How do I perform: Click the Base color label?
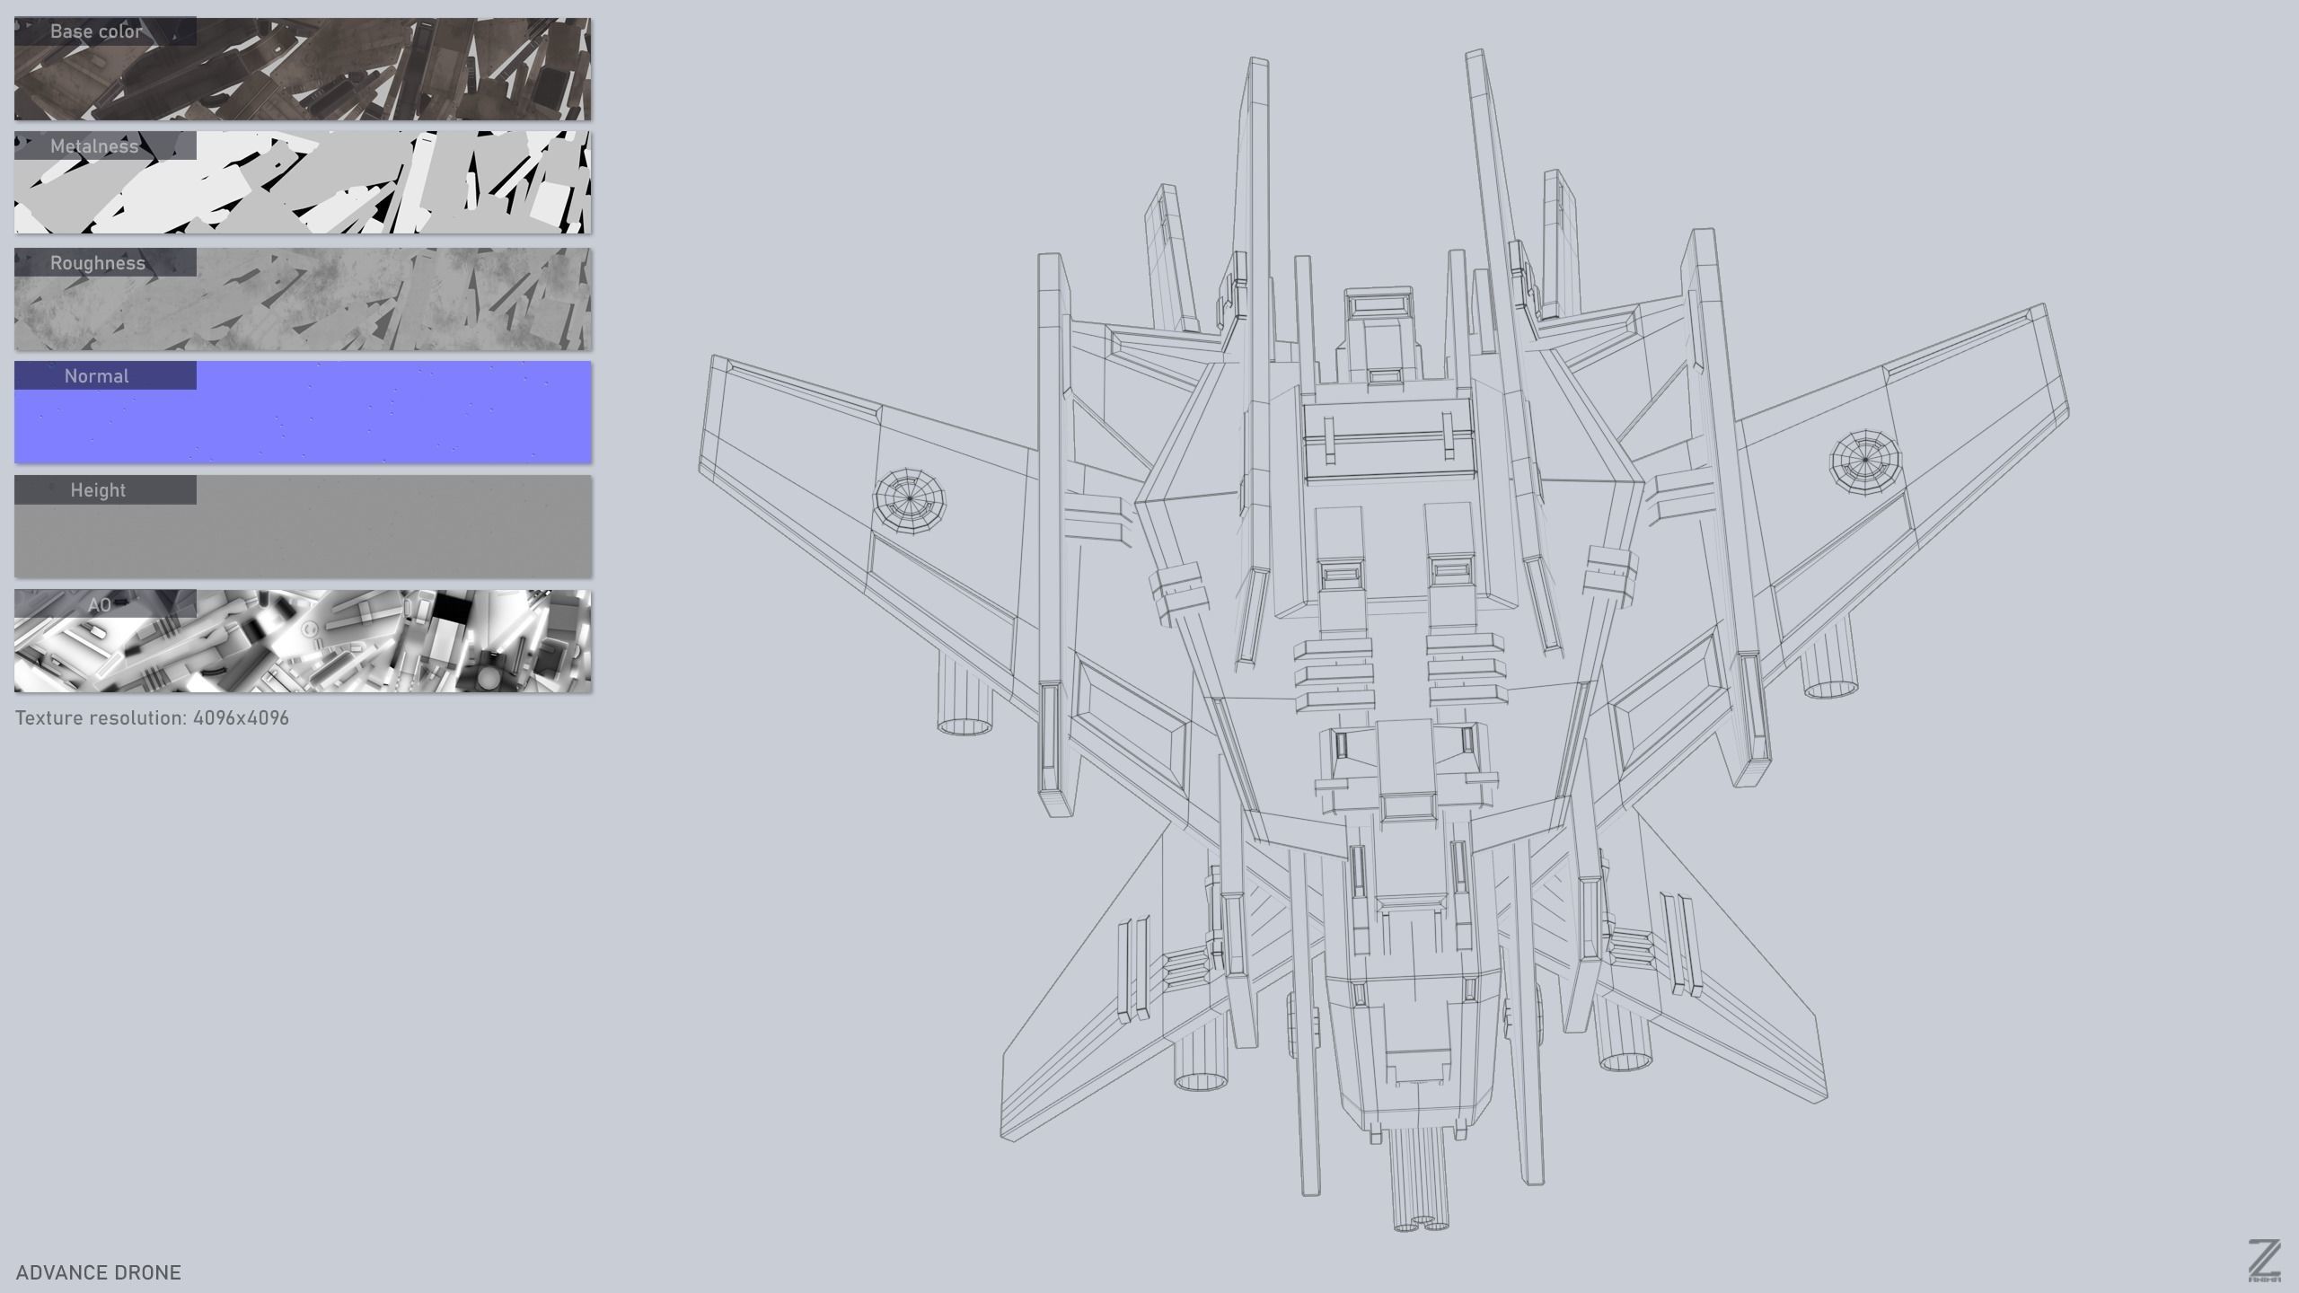tap(96, 31)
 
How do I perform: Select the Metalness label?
tap(94, 146)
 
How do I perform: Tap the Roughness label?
tap(97, 263)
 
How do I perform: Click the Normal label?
tap(96, 376)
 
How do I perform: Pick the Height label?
tap(98, 490)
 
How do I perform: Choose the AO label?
tap(99, 604)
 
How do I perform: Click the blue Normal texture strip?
tap(359, 422)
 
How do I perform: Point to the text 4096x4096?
tap(241, 718)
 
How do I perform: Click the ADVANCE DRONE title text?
tap(99, 1272)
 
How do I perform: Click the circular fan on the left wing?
tap(910, 498)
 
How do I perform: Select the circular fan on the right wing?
tap(1864, 461)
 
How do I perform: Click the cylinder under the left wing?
tap(965, 696)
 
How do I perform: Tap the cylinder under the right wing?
tap(1830, 664)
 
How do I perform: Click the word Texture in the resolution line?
tap(48, 718)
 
